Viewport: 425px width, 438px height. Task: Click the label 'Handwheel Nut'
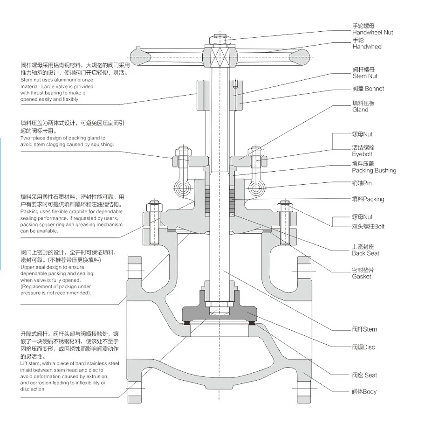point(372,33)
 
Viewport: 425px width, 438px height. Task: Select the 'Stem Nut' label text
point(365,76)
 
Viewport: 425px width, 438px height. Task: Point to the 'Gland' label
point(360,110)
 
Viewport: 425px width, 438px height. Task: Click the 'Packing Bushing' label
point(374,170)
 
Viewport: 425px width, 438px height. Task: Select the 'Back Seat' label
point(365,253)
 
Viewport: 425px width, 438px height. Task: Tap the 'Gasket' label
point(362,277)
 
